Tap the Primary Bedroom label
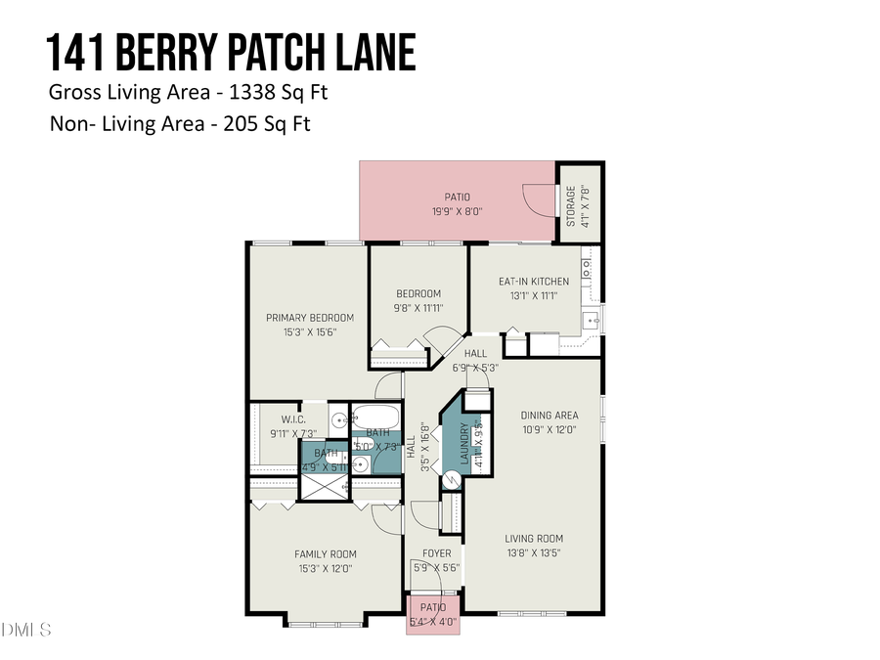tap(310, 318)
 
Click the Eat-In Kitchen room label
tap(533, 282)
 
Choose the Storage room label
tap(571, 205)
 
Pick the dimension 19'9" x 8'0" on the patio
tap(458, 210)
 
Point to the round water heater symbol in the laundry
tap(452, 480)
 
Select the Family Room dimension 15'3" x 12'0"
tap(324, 568)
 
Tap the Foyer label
tap(437, 553)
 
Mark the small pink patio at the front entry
tap(431, 614)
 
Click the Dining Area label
tap(550, 416)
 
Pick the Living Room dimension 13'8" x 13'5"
tap(534, 552)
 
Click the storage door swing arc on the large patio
tap(538, 200)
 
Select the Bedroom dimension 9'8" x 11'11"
tap(418, 307)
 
